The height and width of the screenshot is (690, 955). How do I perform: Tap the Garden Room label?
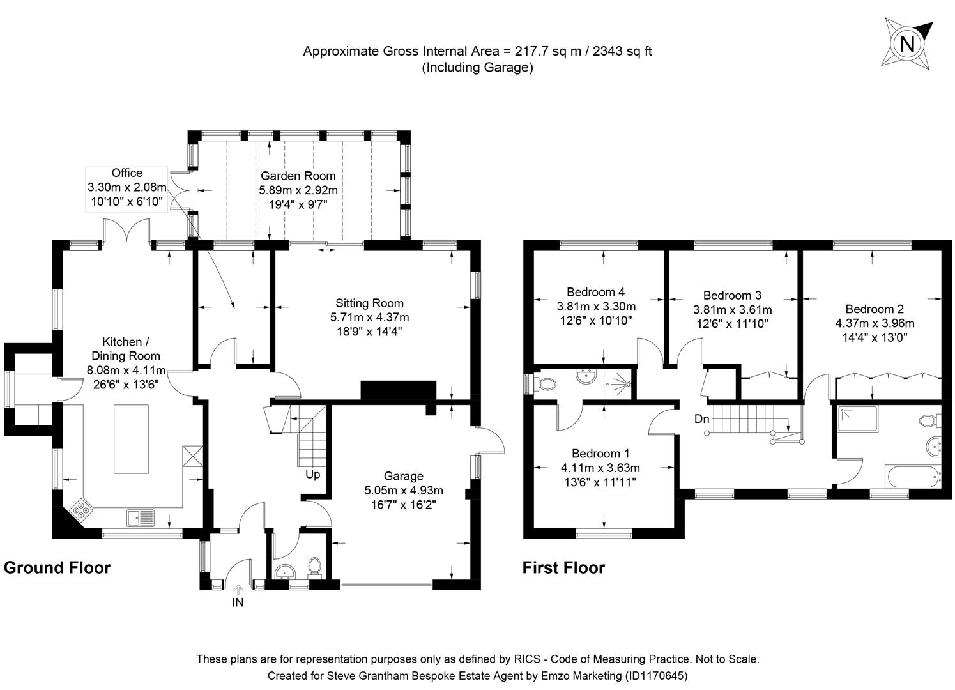(x=298, y=176)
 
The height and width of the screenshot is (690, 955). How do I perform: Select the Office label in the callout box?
(x=126, y=173)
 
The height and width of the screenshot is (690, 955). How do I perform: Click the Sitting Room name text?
(x=369, y=303)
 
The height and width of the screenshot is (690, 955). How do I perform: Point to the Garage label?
(x=403, y=476)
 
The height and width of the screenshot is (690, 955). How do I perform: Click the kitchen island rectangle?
(x=131, y=439)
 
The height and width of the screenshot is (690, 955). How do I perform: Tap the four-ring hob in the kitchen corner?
(x=82, y=509)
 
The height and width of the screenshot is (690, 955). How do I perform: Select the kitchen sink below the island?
(x=141, y=517)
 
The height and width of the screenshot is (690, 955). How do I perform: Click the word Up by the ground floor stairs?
(x=312, y=475)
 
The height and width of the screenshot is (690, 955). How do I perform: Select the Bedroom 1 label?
(x=600, y=453)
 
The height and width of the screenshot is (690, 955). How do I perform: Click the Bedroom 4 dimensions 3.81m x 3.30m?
(x=595, y=306)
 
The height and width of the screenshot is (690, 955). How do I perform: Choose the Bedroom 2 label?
(x=874, y=309)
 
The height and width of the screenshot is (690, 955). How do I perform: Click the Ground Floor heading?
(x=57, y=567)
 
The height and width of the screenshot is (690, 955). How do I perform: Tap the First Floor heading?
(x=563, y=567)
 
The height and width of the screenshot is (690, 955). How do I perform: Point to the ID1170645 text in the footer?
(x=655, y=675)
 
